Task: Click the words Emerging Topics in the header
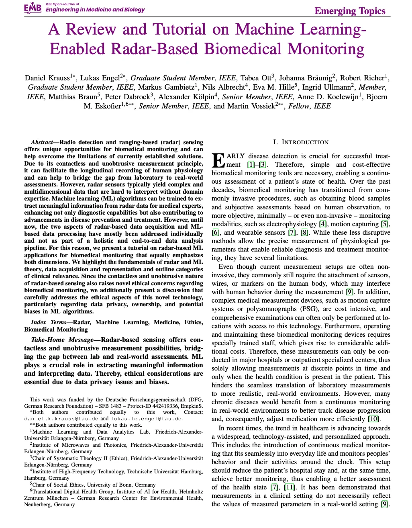tap(350, 11)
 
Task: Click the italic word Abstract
tap(42, 142)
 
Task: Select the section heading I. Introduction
tap(301, 142)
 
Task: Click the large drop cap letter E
tap(218, 160)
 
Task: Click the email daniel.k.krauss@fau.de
tap(61, 418)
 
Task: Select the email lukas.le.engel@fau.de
tap(146, 418)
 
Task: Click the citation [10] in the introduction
tap(373, 419)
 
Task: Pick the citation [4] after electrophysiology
tap(323, 224)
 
